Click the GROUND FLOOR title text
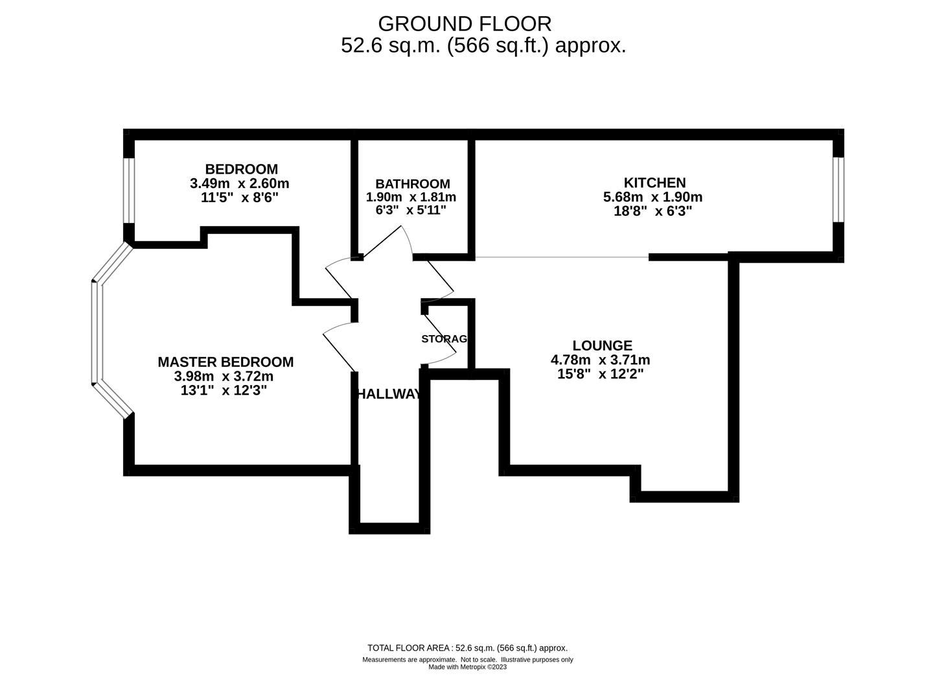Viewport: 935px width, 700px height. point(465,24)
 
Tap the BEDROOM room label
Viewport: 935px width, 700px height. point(241,169)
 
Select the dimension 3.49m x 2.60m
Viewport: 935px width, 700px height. point(239,183)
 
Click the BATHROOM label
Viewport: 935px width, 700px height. point(412,183)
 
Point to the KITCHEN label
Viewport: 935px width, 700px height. point(654,182)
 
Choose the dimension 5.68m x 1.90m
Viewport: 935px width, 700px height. point(652,196)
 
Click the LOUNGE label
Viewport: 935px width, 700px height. point(602,345)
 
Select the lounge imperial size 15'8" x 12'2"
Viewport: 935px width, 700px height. point(600,374)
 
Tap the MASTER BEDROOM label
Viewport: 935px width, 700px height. point(225,362)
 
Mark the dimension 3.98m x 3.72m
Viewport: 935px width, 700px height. point(224,377)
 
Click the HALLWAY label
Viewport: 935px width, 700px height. point(389,394)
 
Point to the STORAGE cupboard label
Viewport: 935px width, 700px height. point(444,339)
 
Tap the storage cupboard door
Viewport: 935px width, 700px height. point(441,337)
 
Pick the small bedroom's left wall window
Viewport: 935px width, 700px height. point(129,191)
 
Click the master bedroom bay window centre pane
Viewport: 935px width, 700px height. point(97,332)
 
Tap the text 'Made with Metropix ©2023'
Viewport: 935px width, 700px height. point(467,667)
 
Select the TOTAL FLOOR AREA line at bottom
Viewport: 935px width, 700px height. point(467,647)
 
